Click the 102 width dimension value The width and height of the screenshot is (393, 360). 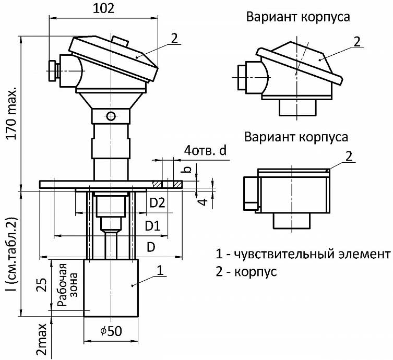tap(103, 9)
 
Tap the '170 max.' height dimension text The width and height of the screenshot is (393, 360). tap(12, 114)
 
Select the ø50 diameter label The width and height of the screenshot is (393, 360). tap(111, 331)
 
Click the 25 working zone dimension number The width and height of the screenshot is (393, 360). tap(42, 284)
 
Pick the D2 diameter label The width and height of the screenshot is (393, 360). tap(157, 202)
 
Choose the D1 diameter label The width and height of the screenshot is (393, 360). tap(152, 226)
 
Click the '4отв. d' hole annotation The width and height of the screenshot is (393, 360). tap(205, 151)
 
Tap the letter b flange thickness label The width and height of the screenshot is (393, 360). tap(187, 169)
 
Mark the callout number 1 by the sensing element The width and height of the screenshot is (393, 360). tap(160, 271)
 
